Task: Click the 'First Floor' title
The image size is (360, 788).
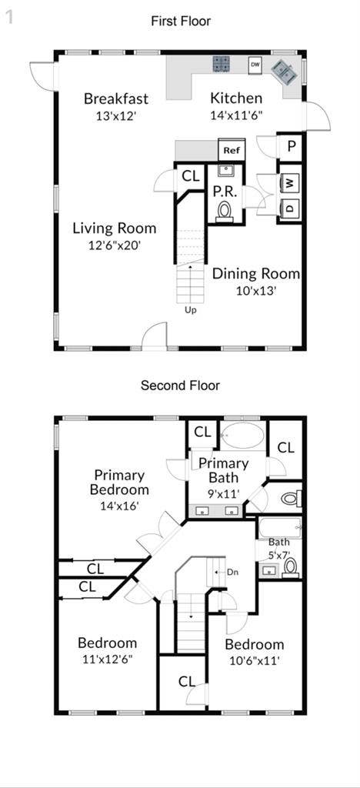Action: (x=180, y=22)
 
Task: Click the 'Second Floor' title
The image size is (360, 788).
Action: (x=180, y=386)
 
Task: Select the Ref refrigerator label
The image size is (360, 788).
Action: (x=232, y=151)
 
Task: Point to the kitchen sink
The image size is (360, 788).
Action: (x=282, y=72)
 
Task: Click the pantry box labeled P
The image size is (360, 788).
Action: (x=292, y=146)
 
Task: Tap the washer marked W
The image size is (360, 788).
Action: (x=290, y=184)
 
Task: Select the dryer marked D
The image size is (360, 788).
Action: (x=290, y=207)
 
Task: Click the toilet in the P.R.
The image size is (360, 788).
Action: (x=225, y=209)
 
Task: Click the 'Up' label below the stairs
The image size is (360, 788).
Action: (x=189, y=311)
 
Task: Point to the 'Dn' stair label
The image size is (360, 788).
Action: (x=233, y=572)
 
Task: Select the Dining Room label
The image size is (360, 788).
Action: (x=256, y=274)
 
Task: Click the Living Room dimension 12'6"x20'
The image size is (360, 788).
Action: (x=114, y=245)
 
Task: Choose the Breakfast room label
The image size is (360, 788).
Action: (x=116, y=98)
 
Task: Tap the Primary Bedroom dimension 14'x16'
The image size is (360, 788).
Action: (x=121, y=506)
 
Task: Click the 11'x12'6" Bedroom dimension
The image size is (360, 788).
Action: (x=108, y=659)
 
